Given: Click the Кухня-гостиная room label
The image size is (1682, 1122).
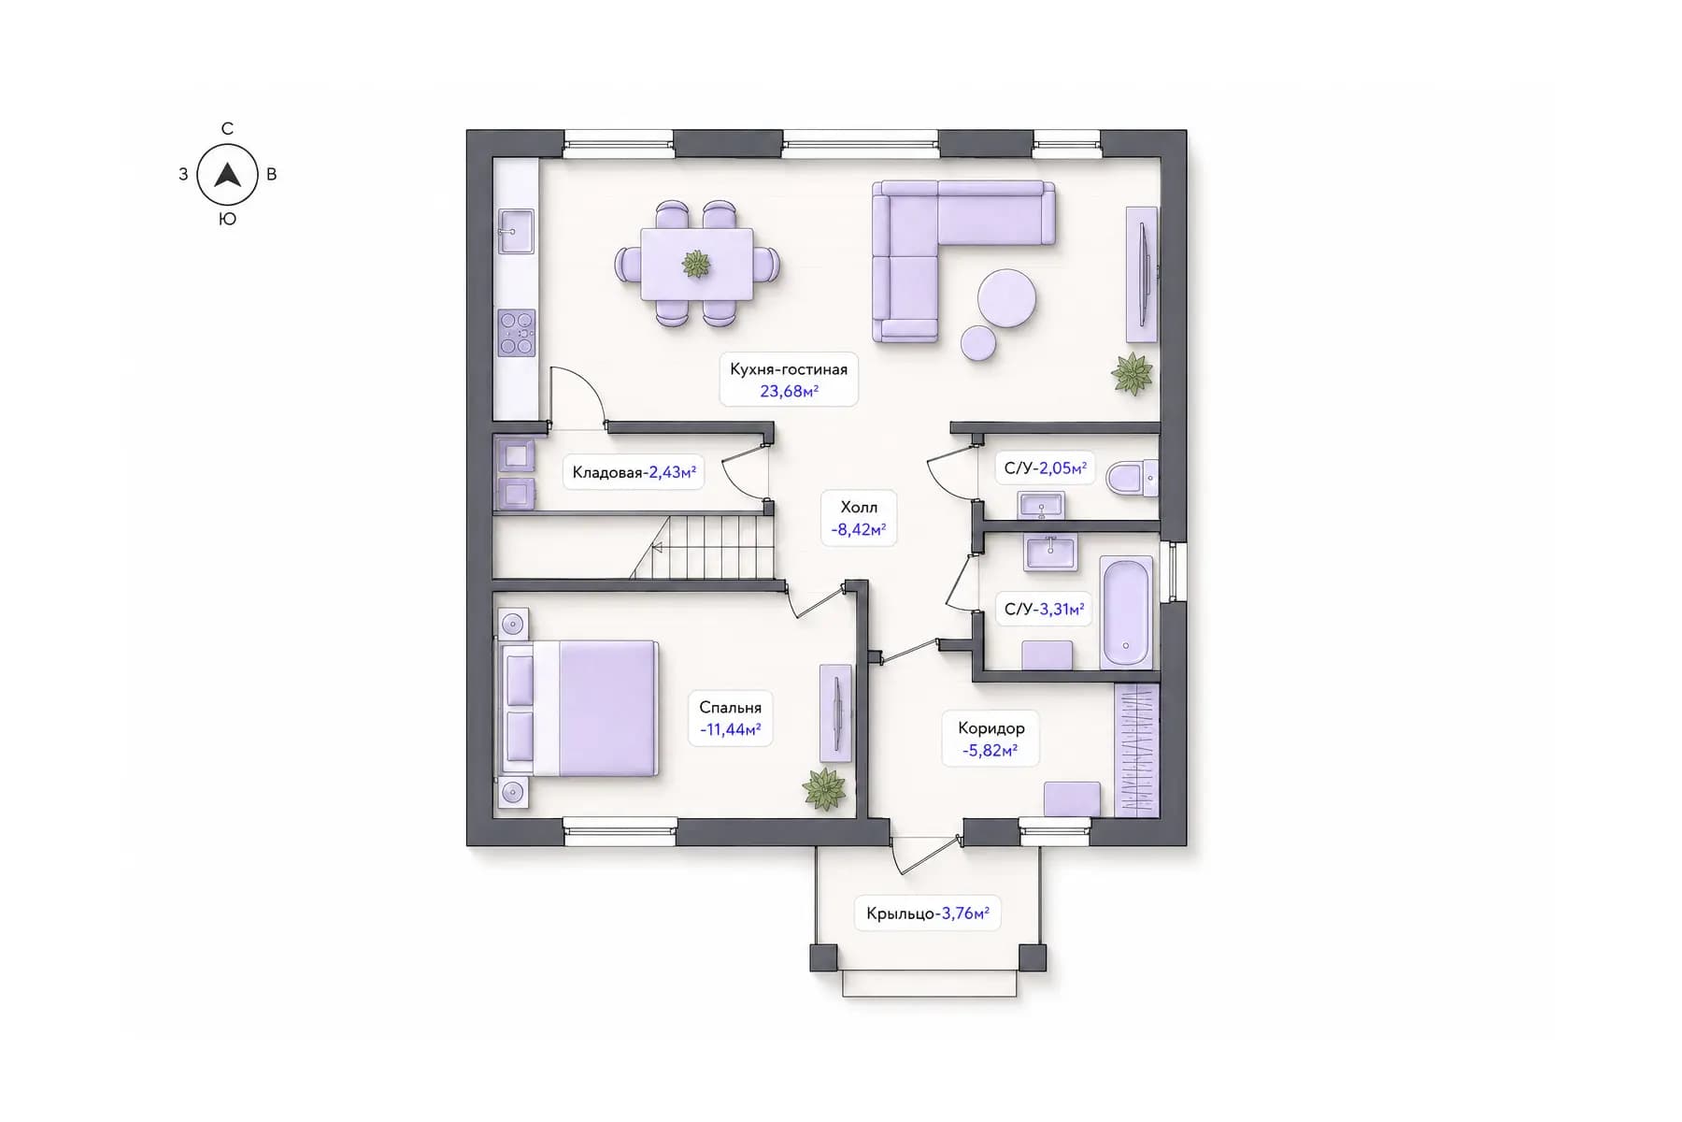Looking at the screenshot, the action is [x=789, y=369].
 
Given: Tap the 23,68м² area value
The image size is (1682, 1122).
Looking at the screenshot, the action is [x=790, y=391].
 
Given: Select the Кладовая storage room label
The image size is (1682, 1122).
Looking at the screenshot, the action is [x=607, y=472].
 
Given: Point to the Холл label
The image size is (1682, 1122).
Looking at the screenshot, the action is [x=859, y=507].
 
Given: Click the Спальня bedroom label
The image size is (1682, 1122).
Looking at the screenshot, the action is [x=731, y=708].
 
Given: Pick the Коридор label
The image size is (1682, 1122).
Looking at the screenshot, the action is [x=991, y=727].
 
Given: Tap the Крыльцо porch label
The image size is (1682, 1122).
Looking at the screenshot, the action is [x=902, y=913].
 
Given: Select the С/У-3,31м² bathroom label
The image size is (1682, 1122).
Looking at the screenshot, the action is [x=1044, y=609].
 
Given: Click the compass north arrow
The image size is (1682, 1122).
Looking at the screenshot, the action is [x=227, y=174].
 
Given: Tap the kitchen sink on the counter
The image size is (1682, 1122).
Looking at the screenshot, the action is [x=515, y=231].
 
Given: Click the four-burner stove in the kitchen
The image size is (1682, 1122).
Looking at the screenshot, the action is [x=517, y=333].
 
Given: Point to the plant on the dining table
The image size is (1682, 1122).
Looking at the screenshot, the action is [x=696, y=264].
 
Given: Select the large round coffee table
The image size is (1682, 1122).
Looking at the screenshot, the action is [x=1006, y=298].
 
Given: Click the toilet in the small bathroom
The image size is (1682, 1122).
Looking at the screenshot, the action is [x=1132, y=478].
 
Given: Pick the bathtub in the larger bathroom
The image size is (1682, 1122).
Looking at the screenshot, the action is [x=1126, y=612].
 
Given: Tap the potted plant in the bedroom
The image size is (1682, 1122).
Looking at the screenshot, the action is [x=824, y=788].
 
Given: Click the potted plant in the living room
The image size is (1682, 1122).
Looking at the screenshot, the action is [x=1133, y=374].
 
